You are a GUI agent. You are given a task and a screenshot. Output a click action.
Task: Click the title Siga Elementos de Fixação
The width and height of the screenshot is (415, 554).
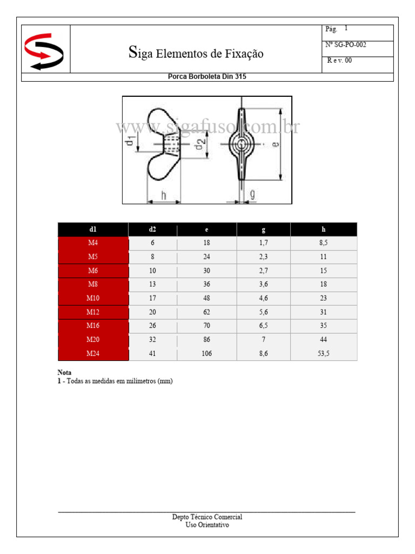point(196,53)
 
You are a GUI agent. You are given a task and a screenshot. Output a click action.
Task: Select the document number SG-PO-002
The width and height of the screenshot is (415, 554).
point(346,45)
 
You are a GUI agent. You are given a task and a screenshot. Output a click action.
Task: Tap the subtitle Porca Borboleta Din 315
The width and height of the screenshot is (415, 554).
point(207,77)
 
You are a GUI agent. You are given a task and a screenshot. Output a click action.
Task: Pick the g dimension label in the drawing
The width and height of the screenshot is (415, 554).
point(252,194)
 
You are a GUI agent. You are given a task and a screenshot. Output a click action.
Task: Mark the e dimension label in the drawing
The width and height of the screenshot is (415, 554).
point(275,144)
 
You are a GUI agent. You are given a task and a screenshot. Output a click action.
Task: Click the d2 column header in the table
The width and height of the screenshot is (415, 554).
point(152,229)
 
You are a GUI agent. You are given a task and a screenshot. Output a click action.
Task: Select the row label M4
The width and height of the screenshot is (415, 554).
point(93,243)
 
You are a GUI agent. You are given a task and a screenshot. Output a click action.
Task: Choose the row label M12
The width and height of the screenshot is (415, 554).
point(93,312)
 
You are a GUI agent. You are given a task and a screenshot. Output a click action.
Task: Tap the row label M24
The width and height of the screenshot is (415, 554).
point(93,354)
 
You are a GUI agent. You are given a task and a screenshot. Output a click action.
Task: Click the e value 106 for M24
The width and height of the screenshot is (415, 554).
point(206,354)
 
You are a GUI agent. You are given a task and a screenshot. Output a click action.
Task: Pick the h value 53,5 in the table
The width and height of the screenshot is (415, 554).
point(324,354)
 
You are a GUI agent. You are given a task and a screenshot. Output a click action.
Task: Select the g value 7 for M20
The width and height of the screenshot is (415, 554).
point(263,340)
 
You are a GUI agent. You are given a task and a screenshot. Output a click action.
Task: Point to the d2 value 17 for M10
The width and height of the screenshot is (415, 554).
point(152,298)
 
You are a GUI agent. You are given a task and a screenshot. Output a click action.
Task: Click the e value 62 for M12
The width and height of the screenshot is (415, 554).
point(206,312)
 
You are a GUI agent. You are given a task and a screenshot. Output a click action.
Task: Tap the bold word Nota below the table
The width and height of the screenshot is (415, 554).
point(64,373)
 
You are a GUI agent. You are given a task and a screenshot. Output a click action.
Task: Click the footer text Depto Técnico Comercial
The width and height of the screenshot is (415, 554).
point(207,517)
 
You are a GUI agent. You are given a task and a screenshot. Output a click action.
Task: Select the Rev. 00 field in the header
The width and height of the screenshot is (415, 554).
point(340,61)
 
